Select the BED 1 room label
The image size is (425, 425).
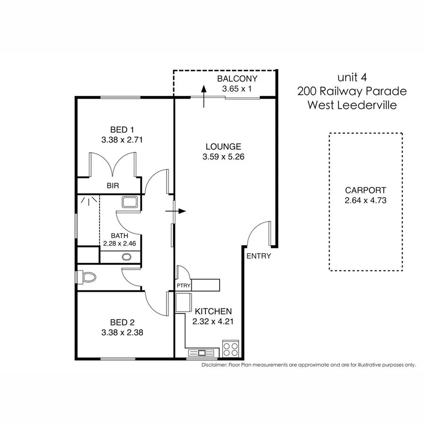pos(122,129)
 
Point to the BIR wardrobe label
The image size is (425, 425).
pos(112,186)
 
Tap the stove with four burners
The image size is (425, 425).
pos(231,349)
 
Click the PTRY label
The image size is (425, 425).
pos(183,286)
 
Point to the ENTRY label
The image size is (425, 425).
pos(258,256)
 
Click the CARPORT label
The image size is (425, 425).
pos(365,190)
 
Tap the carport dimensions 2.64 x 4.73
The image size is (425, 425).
pos(365,200)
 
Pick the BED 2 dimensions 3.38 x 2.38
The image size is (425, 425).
pos(122,332)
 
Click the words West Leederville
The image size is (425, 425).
pos(352,105)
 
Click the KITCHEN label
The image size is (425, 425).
pos(213,312)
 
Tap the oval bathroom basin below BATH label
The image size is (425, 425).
pos(126,257)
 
